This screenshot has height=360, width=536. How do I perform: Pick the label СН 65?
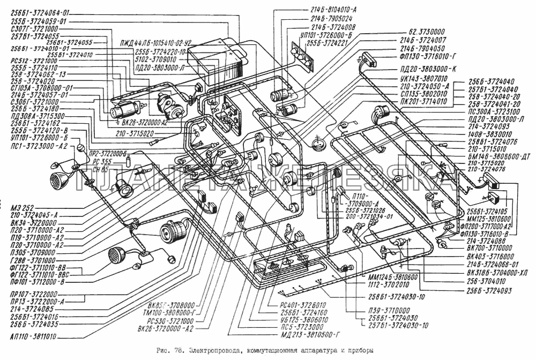[x=100, y=169]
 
